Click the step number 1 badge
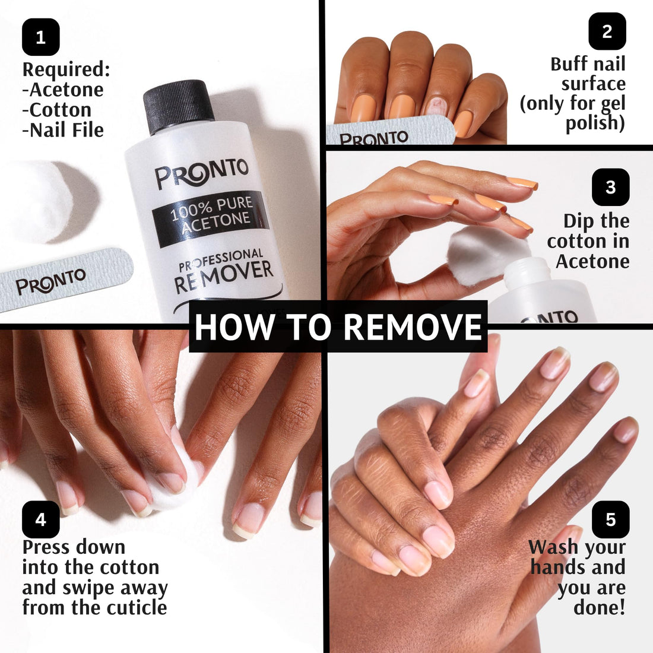pyautogui.click(x=40, y=37)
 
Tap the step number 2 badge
pyautogui.click(x=607, y=31)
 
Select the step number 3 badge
pyautogui.click(x=610, y=187)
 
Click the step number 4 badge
pyautogui.click(x=40, y=519)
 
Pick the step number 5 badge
pyautogui.click(x=610, y=519)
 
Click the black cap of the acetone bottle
pyautogui.click(x=178, y=106)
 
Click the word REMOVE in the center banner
pyautogui.click(x=413, y=327)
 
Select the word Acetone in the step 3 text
pyautogui.click(x=592, y=261)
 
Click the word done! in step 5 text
pyautogui.click(x=599, y=608)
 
